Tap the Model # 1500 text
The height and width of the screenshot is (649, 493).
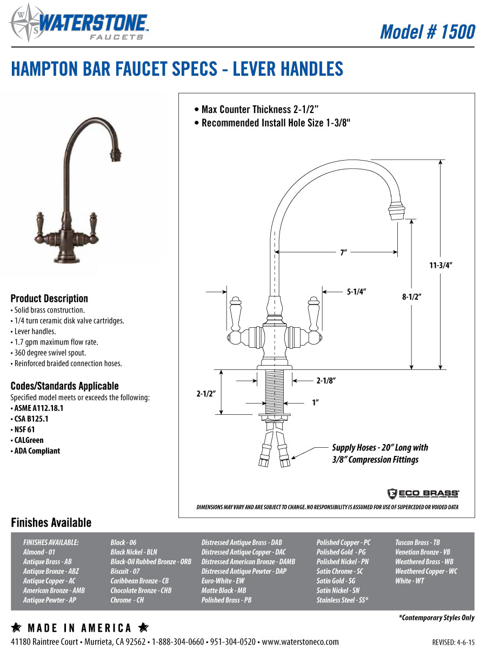pyautogui.click(x=427, y=31)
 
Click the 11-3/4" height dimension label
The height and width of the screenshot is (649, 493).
pyautogui.click(x=441, y=266)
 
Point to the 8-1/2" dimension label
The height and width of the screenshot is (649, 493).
pyautogui.click(x=411, y=296)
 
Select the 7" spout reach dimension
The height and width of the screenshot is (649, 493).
pyautogui.click(x=343, y=253)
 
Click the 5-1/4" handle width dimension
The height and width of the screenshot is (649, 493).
pyautogui.click(x=356, y=292)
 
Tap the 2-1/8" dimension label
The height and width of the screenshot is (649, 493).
pyautogui.click(x=326, y=381)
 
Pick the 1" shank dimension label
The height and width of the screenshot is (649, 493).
pyautogui.click(x=315, y=402)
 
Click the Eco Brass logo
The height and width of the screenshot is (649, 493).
pyautogui.click(x=423, y=493)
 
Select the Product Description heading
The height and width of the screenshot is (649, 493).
pyautogui.click(x=49, y=299)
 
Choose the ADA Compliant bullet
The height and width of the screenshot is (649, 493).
pyautogui.click(x=36, y=451)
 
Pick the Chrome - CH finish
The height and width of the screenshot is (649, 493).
pyautogui.click(x=127, y=600)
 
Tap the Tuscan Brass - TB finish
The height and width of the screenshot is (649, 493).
pyautogui.click(x=417, y=542)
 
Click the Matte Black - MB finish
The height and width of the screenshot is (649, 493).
pyautogui.click(x=223, y=591)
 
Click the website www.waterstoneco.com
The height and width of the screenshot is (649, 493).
pyautogui.click(x=300, y=642)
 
